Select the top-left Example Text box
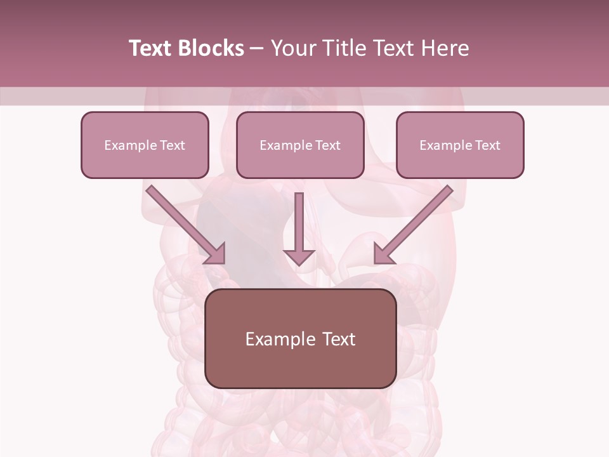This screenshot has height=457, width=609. [x=145, y=145]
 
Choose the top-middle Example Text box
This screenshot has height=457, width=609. [x=300, y=145]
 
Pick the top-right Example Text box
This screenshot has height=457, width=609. [x=460, y=145]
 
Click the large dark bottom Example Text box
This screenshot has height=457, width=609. [x=301, y=338]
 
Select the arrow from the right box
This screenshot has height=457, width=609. [x=416, y=222]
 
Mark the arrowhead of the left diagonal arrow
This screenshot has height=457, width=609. [x=215, y=253]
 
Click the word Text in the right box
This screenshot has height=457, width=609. [x=488, y=145]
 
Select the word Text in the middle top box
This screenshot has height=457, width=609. [x=328, y=145]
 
